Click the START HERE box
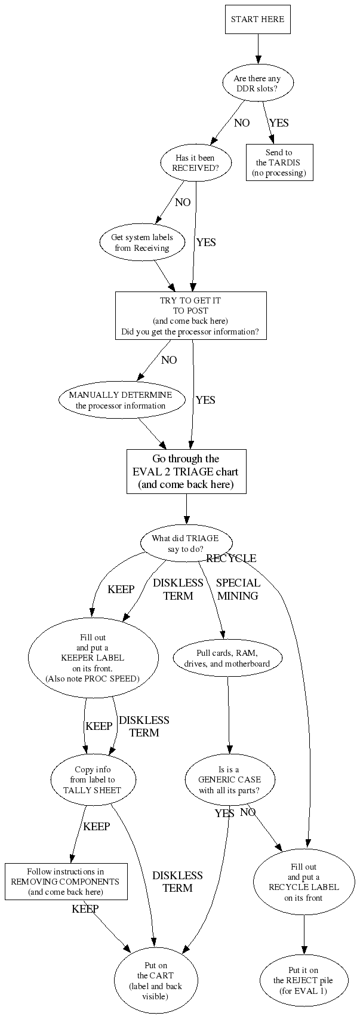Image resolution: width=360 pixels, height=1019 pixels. [257, 20]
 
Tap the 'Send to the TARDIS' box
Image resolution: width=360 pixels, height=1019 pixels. [279, 163]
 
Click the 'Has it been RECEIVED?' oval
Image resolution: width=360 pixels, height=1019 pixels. [195, 163]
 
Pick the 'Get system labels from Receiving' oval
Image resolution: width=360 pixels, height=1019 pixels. [142, 243]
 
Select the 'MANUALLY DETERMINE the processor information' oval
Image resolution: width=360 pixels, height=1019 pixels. [120, 400]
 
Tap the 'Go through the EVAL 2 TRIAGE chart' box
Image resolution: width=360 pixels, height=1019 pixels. [186, 472]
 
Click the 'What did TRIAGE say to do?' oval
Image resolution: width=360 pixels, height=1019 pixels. [185, 543]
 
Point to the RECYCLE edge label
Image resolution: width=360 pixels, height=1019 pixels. [231, 558]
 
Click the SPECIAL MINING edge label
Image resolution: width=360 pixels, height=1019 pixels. [238, 589]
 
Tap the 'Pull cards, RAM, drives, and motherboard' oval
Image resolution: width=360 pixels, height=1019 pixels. [227, 658]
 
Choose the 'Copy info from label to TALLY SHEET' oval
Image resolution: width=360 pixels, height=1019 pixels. [92, 780]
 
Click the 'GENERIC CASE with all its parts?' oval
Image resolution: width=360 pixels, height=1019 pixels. [229, 780]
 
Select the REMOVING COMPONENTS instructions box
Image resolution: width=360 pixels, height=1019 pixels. [66, 881]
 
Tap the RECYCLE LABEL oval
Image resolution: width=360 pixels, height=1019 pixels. [303, 881]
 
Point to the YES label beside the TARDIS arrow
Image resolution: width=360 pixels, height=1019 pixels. [279, 123]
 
